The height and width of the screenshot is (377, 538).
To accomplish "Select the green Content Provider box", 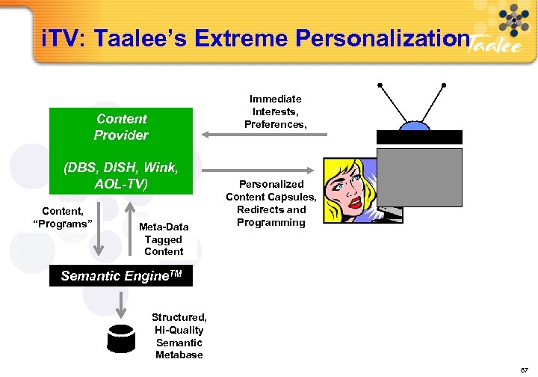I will click(121, 127).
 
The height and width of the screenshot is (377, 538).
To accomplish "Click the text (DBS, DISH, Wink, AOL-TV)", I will click(121, 175).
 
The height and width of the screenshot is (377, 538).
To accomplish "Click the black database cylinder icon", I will click(123, 339).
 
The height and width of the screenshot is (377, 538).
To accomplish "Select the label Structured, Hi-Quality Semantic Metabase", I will click(179, 336).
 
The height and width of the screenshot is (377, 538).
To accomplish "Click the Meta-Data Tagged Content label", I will click(164, 239).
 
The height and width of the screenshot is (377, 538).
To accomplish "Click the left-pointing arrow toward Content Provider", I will click(265, 135).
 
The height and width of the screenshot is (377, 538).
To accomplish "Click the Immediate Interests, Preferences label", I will click(276, 111).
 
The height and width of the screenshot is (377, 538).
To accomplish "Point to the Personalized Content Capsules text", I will click(271, 203).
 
